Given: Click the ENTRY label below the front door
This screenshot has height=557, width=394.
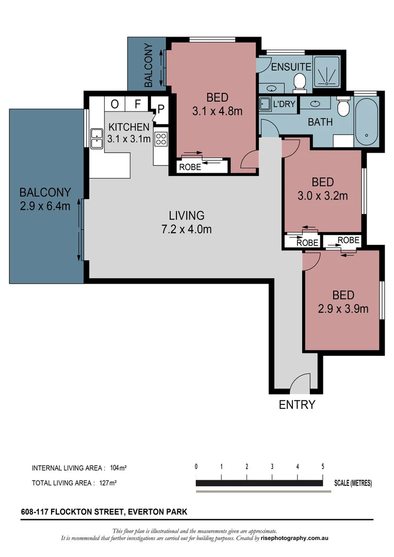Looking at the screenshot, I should coord(297,405).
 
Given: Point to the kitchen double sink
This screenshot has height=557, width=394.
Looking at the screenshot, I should coord(96,138).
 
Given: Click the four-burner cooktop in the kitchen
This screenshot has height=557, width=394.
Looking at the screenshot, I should coord(161,139).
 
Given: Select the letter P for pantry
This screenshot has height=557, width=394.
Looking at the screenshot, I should coord(161,109).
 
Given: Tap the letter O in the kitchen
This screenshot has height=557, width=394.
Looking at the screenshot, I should coord(114,104).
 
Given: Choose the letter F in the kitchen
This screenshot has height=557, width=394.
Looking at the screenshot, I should coord(138,104).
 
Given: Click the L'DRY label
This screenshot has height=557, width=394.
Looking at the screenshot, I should coord(284,104).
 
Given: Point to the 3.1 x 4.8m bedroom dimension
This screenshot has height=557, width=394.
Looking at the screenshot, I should coord(217,110).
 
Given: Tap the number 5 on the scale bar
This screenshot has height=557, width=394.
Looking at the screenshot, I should coord(323,466).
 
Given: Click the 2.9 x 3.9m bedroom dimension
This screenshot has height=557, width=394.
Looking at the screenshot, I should coord(343,309).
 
